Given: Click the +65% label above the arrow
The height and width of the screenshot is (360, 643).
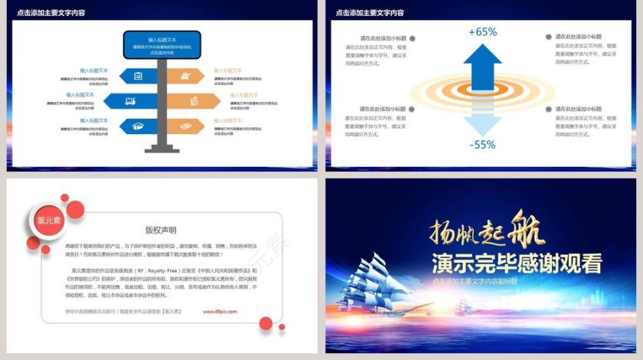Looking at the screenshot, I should [x=482, y=32].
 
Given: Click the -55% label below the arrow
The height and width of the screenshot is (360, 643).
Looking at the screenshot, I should [x=482, y=144].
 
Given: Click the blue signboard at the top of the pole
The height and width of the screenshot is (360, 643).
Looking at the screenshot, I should [x=162, y=44].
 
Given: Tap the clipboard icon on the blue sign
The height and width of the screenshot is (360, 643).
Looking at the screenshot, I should [x=138, y=75].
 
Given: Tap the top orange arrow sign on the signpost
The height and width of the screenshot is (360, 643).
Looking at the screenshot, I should [x=185, y=75].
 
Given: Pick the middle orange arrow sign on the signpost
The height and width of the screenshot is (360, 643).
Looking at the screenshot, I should [x=188, y=100].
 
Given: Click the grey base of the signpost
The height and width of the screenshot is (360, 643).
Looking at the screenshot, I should [x=162, y=147].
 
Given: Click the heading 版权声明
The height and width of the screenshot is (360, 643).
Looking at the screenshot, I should [x=161, y=229].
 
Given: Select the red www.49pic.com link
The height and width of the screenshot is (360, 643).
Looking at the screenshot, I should [x=220, y=312].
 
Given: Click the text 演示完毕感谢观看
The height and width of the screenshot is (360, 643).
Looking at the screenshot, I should [x=516, y=263].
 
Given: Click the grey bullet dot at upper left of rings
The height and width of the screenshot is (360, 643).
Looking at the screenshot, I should [x=413, y=38].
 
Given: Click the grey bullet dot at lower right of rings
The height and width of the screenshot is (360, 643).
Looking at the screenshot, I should [x=549, y=110].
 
